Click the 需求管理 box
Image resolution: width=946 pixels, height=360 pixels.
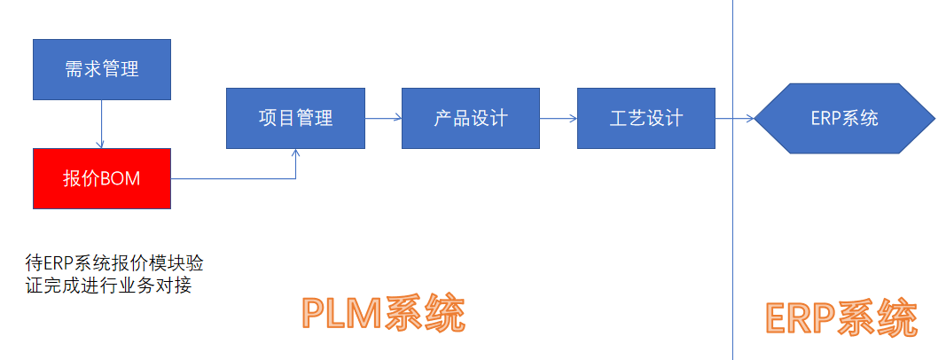pyautogui.click(x=102, y=69)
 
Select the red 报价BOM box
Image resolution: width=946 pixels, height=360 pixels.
pyautogui.click(x=102, y=178)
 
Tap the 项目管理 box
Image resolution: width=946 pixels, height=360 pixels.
pyautogui.click(x=295, y=118)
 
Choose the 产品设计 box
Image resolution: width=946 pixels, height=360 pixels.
pyautogui.click(x=471, y=118)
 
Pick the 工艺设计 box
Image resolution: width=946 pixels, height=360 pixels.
pyautogui.click(x=645, y=118)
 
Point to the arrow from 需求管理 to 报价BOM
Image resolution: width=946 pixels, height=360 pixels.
pyautogui.click(x=102, y=123)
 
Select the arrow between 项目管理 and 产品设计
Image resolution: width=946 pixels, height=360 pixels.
pyautogui.click(x=383, y=118)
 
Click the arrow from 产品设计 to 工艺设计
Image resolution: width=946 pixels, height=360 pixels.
pyautogui.click(x=559, y=118)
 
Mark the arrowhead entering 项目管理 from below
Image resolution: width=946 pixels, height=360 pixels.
pyautogui.click(x=296, y=153)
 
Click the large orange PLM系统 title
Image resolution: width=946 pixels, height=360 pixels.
pyautogui.click(x=383, y=313)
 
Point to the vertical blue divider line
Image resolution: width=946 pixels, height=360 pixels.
pyautogui.click(x=733, y=222)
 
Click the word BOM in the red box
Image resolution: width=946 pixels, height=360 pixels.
pyautogui.click(x=121, y=178)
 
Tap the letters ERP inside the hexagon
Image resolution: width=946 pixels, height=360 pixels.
pyautogui.click(x=825, y=118)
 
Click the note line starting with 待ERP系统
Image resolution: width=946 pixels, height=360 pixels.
pyautogui.click(x=113, y=263)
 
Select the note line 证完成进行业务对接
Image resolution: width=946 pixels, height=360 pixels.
pyautogui.click(x=108, y=286)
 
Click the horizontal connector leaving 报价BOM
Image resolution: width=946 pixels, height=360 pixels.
pyautogui.click(x=232, y=179)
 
